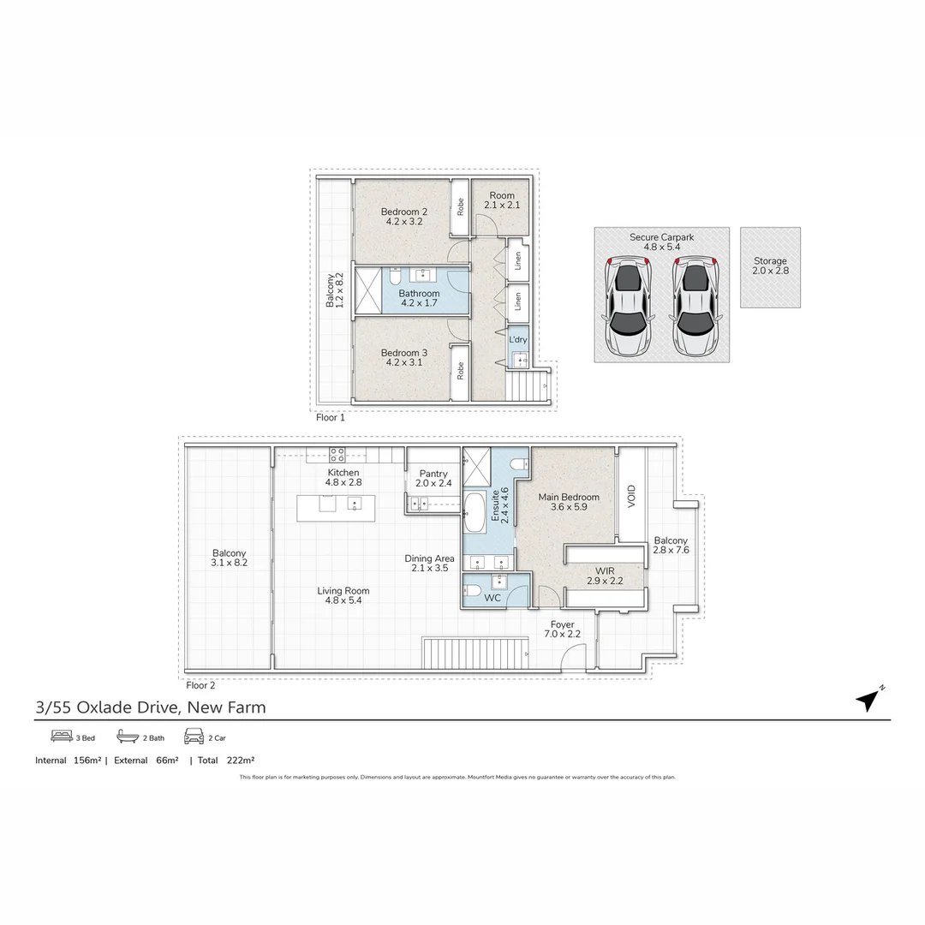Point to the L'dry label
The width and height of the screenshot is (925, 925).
click(518, 340)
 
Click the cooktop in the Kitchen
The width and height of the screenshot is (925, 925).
click(337, 456)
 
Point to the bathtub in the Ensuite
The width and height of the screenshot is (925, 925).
click(474, 514)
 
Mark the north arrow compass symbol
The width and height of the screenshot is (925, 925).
click(868, 700)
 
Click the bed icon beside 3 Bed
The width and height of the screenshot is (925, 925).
click(62, 737)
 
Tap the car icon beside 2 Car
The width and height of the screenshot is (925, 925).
click(194, 737)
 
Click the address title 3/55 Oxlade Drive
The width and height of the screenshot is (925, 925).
click(150, 707)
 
